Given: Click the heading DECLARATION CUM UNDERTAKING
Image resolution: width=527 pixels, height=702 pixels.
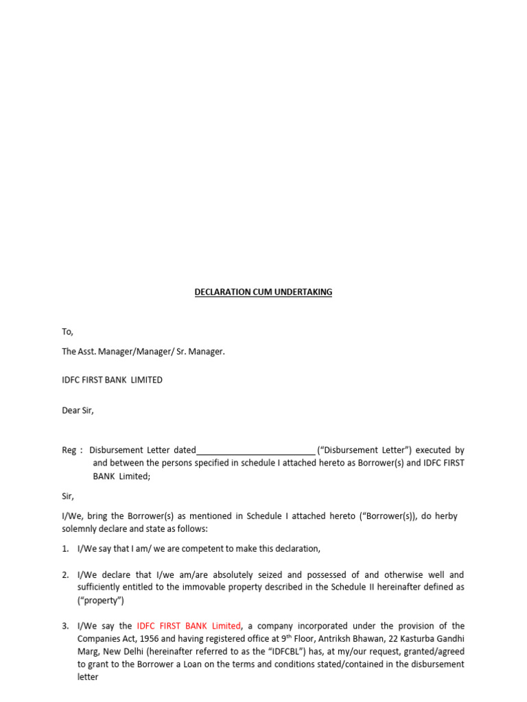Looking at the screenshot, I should coord(263,292).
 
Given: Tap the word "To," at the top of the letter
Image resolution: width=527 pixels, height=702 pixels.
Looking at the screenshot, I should coord(67,332).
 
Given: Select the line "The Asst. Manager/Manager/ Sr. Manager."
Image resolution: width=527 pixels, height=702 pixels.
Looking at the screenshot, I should coord(143,352).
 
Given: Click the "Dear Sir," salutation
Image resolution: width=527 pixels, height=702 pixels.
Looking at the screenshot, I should coord(78,411).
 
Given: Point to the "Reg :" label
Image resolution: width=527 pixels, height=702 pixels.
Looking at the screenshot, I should coord(72,450).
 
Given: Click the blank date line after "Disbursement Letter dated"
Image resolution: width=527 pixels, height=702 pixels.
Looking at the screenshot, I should coord(255,450).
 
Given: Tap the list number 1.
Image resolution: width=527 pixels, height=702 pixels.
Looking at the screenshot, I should coord(65,548).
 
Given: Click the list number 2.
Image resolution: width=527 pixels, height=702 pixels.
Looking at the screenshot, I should coord(65,574).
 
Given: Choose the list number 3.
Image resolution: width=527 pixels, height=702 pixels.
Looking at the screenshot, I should coord(65,626).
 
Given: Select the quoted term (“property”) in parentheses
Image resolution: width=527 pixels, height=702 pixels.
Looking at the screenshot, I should coord(101,601).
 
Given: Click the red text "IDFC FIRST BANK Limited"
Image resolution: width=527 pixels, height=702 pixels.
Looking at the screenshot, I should coord(189,626).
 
